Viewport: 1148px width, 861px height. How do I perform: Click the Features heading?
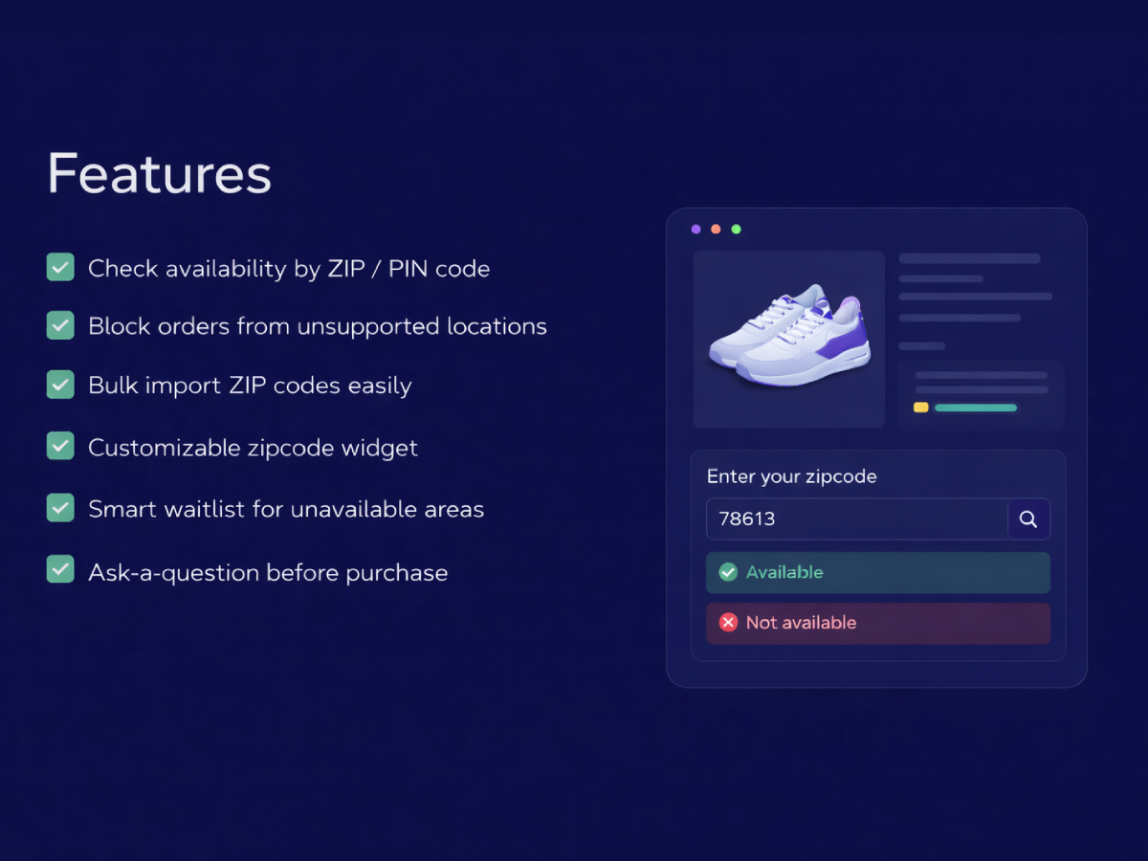[x=159, y=174]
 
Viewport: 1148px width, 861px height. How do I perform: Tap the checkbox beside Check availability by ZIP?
[x=60, y=267]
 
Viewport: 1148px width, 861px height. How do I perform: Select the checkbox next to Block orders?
[x=60, y=325]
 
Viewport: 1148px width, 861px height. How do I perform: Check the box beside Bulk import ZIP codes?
[x=60, y=385]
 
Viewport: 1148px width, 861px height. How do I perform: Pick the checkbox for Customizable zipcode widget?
[x=60, y=446]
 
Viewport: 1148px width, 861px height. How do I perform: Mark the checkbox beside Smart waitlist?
[x=60, y=508]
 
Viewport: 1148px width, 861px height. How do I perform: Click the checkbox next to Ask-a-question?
[x=60, y=570]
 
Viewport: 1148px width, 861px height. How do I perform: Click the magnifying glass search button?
[x=1028, y=519]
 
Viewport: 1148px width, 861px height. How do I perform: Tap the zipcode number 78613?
[x=747, y=519]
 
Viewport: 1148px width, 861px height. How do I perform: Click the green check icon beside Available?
[x=728, y=572]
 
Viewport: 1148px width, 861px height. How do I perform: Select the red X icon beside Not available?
[x=728, y=623]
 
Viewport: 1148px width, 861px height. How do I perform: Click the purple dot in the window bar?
[x=695, y=230]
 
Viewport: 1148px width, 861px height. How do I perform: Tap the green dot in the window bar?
[x=736, y=230]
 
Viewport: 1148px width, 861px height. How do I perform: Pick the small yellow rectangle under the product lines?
[x=920, y=408]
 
